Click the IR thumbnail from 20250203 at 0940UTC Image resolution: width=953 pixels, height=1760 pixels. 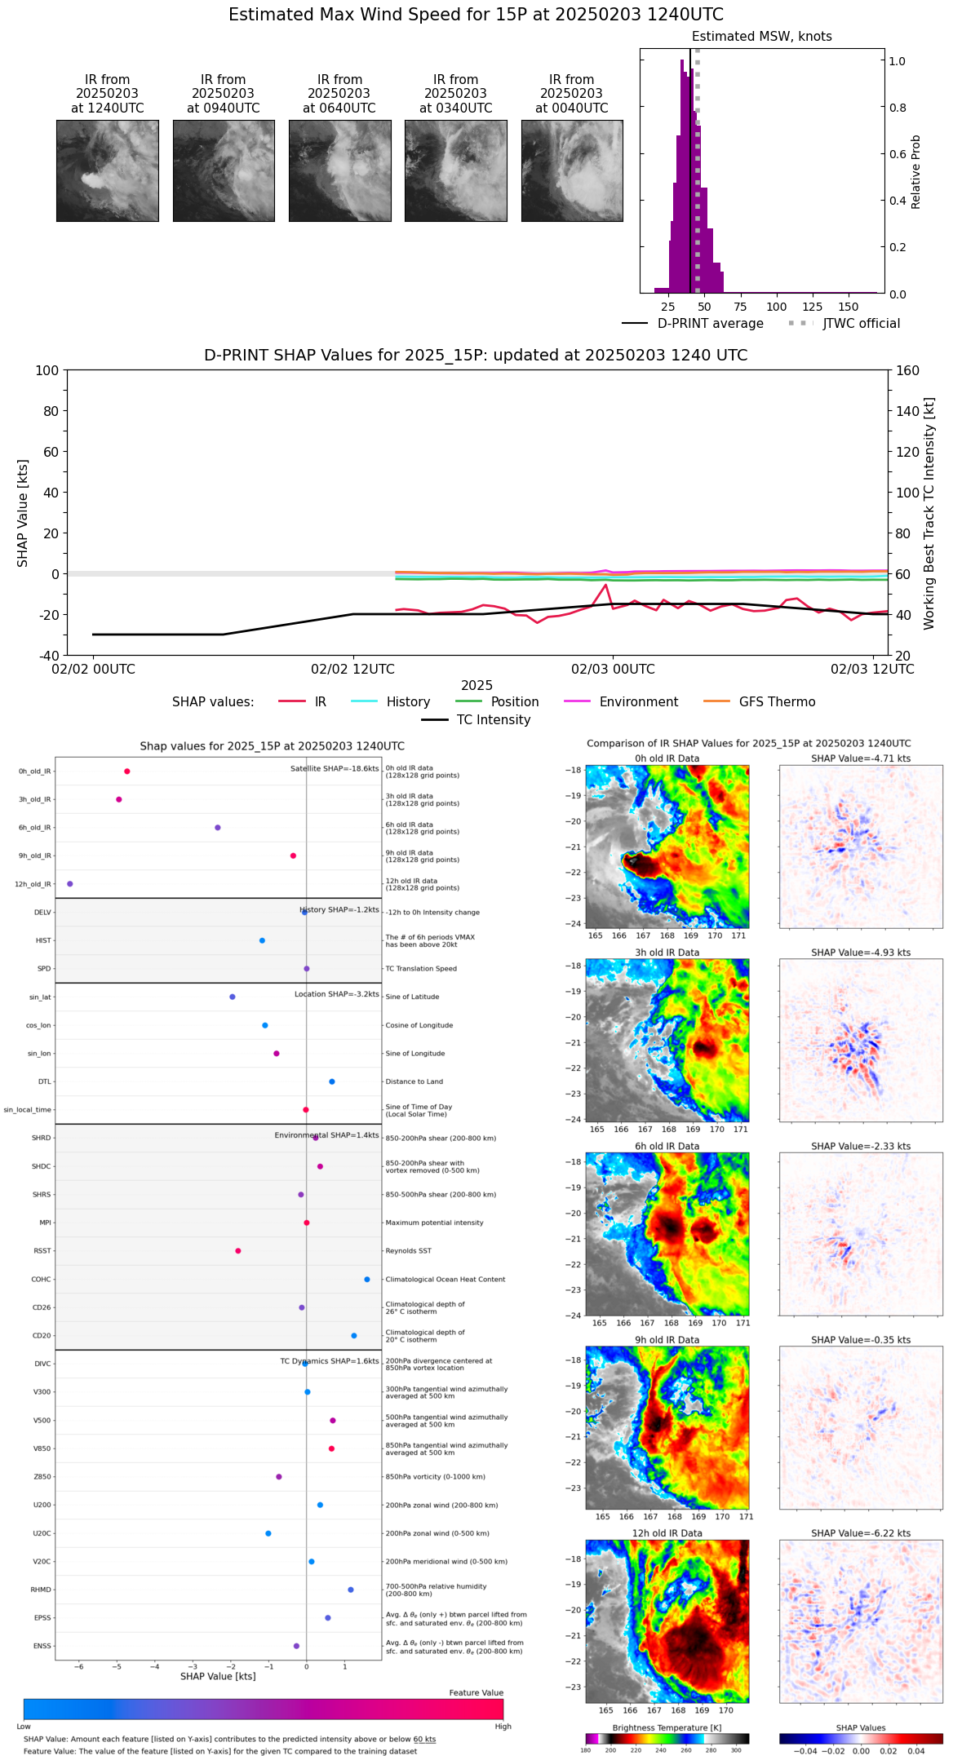224,170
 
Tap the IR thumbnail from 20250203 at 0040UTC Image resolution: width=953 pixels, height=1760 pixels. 572,170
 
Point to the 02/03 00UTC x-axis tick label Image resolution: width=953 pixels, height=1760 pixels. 613,670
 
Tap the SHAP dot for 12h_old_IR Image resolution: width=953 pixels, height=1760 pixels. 69,884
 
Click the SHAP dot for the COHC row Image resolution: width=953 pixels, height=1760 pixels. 367,1280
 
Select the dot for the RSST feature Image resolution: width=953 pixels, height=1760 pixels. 238,1251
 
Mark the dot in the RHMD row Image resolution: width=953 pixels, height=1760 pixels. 351,1590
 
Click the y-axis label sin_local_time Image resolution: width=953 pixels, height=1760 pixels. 28,1110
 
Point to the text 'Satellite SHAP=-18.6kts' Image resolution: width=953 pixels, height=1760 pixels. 335,769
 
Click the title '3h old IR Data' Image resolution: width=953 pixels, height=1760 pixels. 667,953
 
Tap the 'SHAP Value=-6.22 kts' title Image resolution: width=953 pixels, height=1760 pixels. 861,1533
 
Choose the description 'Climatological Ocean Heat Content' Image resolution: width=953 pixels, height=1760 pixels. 445,1280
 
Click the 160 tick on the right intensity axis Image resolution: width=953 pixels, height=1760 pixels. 908,370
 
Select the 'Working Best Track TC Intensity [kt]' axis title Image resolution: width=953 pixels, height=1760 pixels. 929,514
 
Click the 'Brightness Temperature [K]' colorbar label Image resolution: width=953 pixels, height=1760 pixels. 667,1728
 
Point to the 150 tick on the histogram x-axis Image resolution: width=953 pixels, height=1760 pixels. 849,307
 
